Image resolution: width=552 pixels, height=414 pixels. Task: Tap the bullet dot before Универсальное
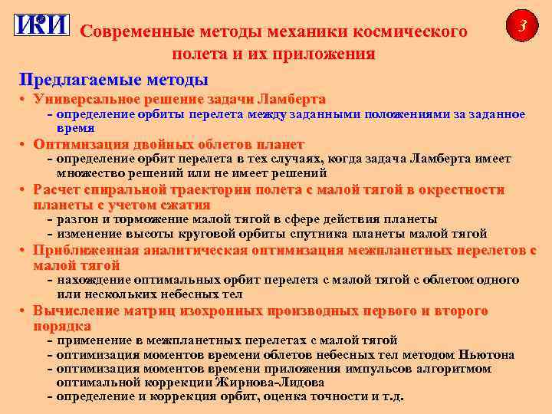pyautogui.click(x=25, y=100)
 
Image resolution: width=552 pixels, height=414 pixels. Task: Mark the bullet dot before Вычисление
pyautogui.click(x=25, y=311)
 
